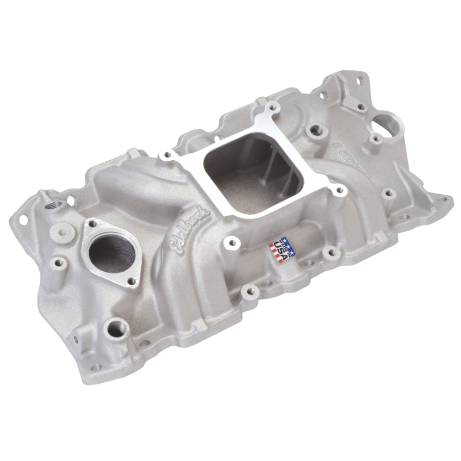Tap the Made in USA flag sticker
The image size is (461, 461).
282,251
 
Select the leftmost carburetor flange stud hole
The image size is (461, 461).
168,154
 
